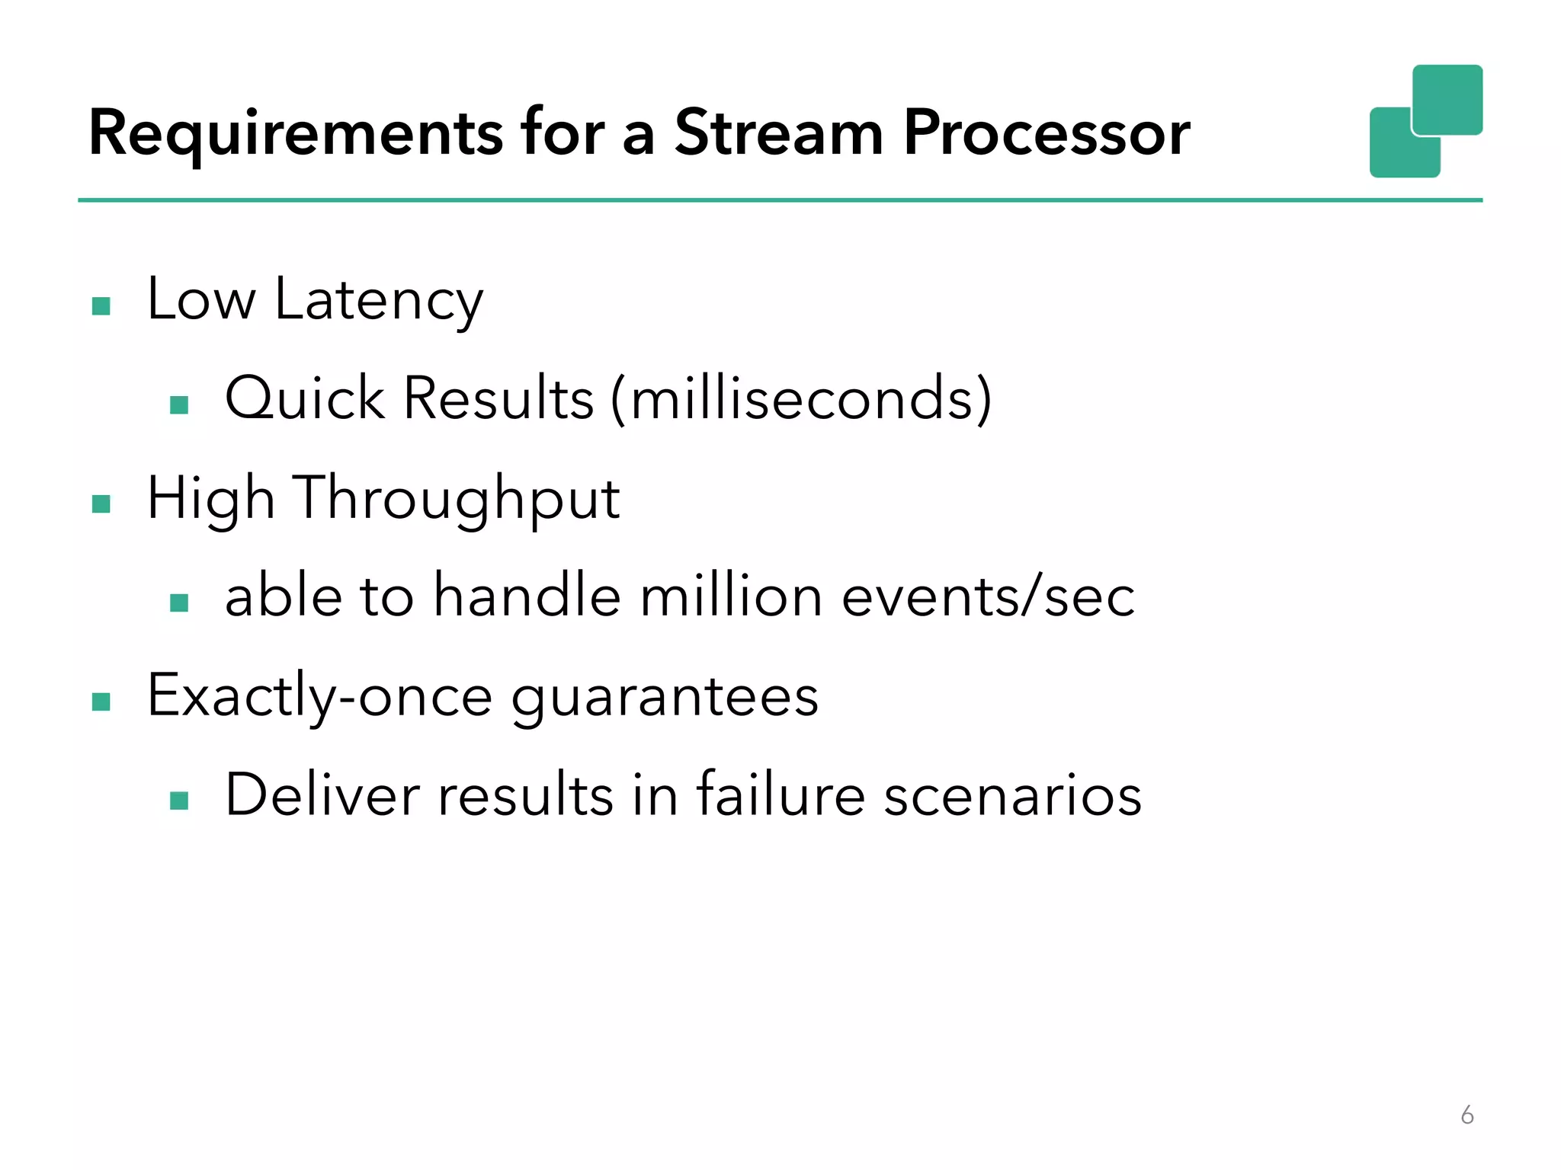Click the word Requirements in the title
[x=296, y=134]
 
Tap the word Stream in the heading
[x=778, y=133]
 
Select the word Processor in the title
[x=1046, y=133]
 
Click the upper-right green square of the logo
[x=1447, y=99]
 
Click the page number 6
[x=1466, y=1115]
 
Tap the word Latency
[x=379, y=300]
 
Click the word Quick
[x=305, y=398]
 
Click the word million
[x=730, y=596]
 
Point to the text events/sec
[x=988, y=596]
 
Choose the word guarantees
[x=664, y=696]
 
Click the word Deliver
[x=322, y=794]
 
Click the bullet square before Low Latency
[x=101, y=306]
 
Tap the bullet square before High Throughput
[x=101, y=504]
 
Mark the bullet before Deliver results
[x=179, y=801]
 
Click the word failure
[x=780, y=794]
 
